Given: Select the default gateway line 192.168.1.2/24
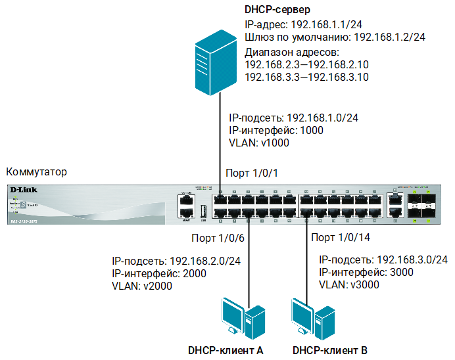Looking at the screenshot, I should point(335,37).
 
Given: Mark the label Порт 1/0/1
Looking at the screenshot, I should point(252,173).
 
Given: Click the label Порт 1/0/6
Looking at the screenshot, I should point(218,237).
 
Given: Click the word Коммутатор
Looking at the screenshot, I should point(36,172).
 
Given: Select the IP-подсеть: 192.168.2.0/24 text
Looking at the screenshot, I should point(176,261).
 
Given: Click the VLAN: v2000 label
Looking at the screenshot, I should point(141,286).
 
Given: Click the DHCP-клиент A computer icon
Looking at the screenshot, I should point(241,319).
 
